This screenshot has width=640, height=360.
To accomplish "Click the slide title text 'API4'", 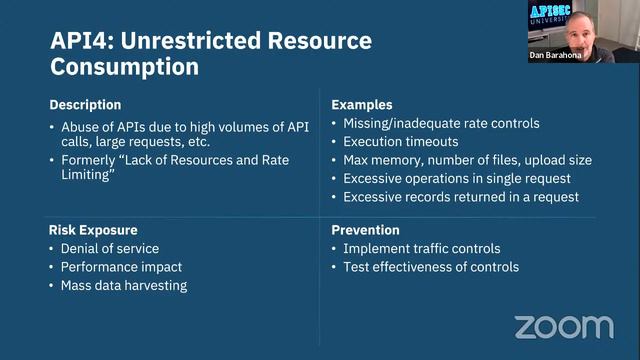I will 79,42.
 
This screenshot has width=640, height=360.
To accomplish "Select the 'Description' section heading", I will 85,105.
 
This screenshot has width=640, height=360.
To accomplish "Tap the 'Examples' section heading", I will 361,105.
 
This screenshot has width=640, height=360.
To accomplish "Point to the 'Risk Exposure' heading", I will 93,229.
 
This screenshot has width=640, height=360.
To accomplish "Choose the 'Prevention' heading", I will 366,229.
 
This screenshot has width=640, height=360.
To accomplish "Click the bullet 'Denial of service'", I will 111,248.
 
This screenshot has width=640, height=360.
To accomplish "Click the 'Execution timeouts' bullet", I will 402,142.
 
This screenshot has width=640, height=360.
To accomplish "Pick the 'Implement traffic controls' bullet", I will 422,248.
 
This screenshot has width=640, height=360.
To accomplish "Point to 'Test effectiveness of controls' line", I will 431,267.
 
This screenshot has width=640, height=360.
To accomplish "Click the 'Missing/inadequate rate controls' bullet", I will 441,123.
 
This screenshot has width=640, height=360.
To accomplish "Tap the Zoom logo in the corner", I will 564,327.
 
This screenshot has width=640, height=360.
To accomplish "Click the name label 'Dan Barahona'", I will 555,56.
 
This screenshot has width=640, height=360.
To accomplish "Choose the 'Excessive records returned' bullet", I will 460,197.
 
